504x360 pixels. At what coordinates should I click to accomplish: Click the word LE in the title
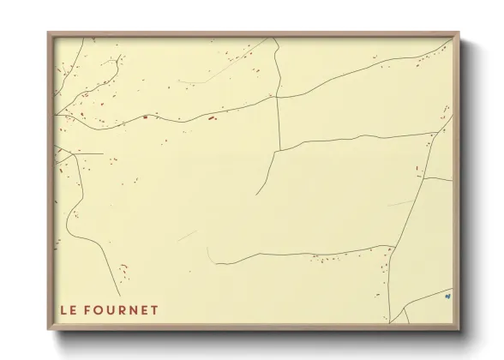pos(69,310)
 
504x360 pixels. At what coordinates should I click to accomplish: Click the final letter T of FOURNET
pos(155,310)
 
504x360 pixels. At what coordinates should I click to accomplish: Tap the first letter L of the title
pos(63,310)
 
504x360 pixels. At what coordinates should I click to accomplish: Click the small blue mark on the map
pos(447,297)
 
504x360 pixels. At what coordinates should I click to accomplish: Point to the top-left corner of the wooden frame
pos(48,33)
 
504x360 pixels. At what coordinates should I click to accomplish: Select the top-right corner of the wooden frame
pos(460,33)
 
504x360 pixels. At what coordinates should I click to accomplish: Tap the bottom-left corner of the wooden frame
pos(48,330)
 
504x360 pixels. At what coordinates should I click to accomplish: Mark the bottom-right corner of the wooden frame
pos(460,330)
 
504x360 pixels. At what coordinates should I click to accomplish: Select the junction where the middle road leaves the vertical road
pos(274,152)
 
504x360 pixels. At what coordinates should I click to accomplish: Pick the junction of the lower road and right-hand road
pos(393,248)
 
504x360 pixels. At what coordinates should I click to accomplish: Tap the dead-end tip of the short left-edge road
pos(103,154)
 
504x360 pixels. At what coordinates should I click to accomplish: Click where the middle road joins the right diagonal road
pos(436,134)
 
